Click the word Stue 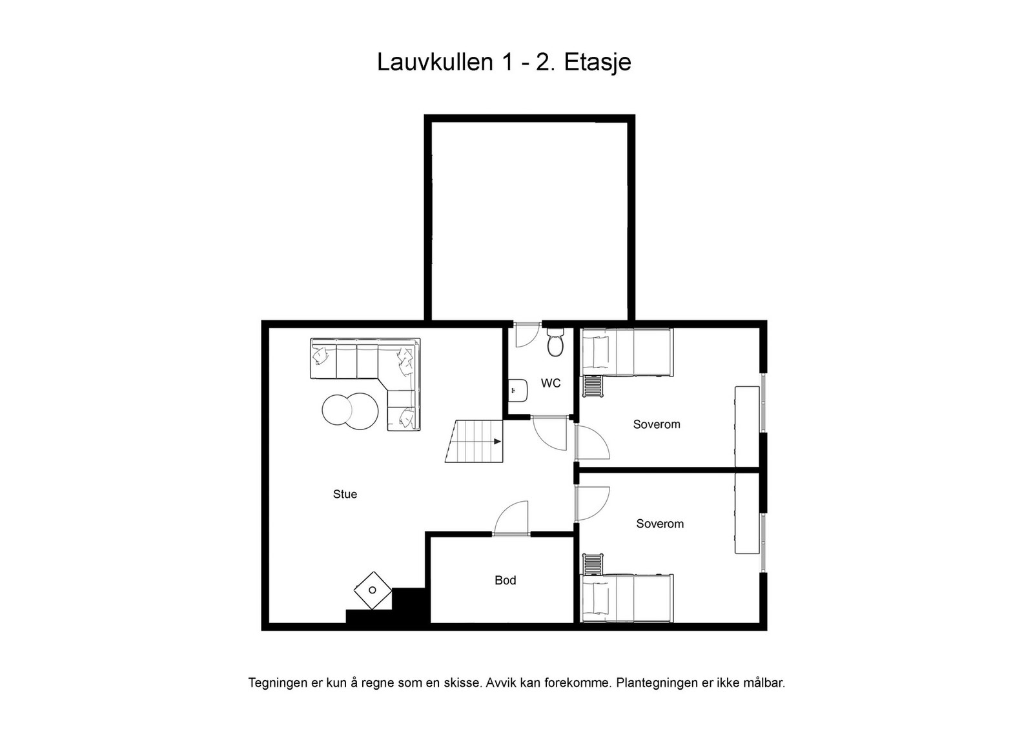[345, 494]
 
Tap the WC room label [551, 383]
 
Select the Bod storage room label [505, 580]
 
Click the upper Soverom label [657, 424]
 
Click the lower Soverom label [660, 524]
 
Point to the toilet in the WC [555, 343]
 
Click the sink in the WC [518, 389]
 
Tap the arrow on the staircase [497, 442]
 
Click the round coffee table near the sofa [350, 410]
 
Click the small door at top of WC [526, 334]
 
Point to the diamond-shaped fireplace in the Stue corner [373, 590]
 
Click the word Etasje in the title [597, 63]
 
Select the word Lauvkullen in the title [435, 63]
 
